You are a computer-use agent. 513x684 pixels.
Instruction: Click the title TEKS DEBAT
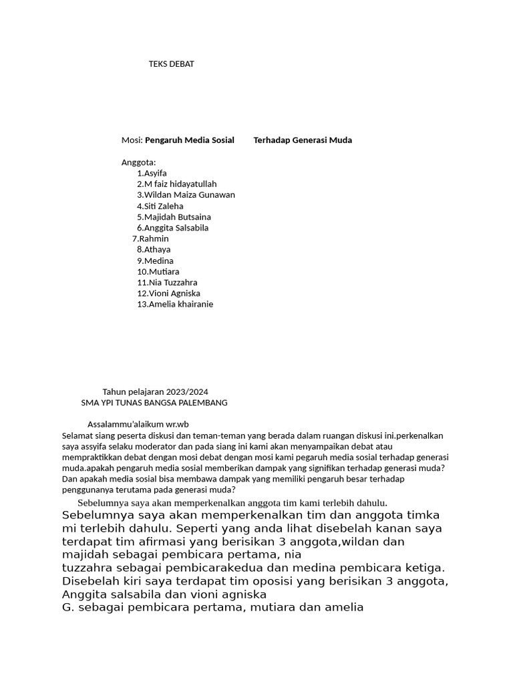(171, 64)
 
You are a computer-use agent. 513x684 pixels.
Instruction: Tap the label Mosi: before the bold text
(132, 140)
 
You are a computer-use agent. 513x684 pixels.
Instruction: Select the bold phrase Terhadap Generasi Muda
(303, 140)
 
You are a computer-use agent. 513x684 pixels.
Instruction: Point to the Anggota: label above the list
(138, 162)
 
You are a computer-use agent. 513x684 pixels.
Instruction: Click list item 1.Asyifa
(152, 173)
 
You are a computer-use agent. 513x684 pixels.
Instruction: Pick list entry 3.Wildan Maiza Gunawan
(186, 195)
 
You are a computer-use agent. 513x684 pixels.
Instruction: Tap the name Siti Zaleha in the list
(164, 206)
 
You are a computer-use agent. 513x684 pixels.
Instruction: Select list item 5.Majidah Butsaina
(174, 217)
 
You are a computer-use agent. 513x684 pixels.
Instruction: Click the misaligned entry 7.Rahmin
(150, 238)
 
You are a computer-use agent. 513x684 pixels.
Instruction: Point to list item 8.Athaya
(154, 249)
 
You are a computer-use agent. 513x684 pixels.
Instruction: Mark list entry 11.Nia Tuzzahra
(167, 283)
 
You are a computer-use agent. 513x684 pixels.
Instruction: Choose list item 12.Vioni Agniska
(168, 293)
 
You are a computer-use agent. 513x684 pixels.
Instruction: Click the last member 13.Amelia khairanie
(175, 304)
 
